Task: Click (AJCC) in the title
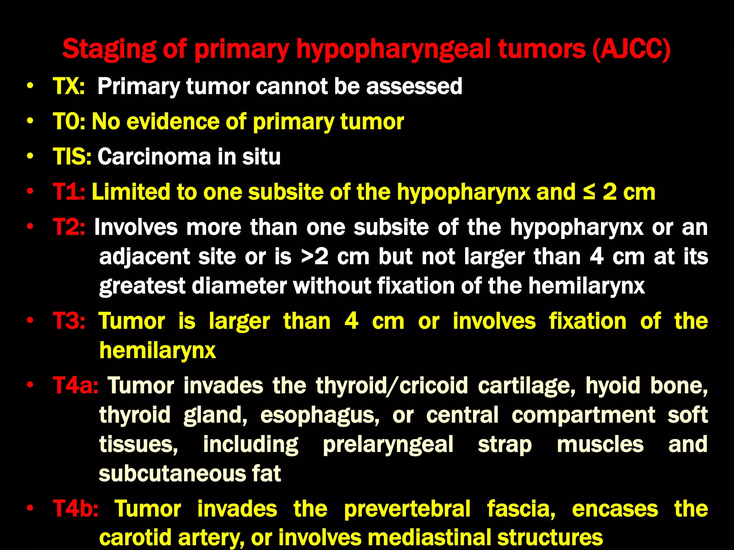(631, 49)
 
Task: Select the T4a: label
(75, 386)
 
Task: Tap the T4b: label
(75, 509)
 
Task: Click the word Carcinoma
(154, 156)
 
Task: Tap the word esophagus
(320, 415)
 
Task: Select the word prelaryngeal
(388, 445)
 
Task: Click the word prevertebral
(407, 509)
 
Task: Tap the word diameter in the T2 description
(239, 286)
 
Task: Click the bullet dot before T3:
(30, 320)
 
